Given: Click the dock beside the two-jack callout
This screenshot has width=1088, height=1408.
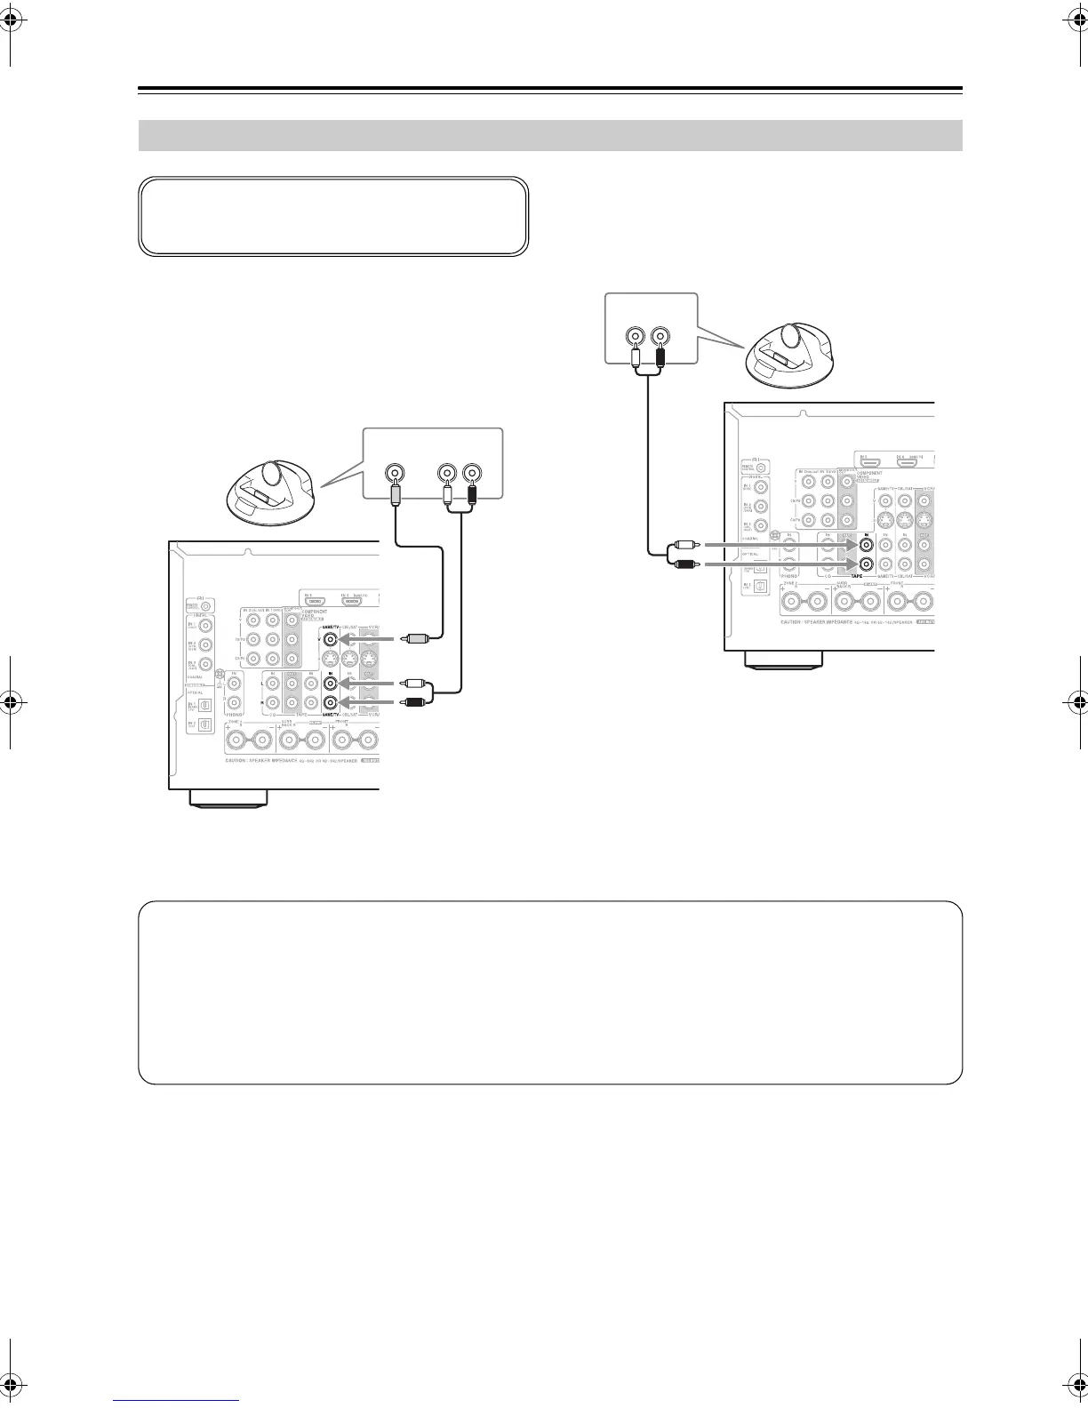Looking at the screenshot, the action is coord(788,356).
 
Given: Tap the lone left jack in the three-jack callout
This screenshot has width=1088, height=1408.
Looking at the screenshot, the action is coord(393,473).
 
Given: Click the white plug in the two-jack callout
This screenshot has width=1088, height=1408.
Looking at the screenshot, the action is coord(635,358).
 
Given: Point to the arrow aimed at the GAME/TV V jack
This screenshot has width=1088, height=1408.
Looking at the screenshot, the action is coord(364,637).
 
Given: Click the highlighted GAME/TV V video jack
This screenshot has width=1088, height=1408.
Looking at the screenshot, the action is coord(330,637).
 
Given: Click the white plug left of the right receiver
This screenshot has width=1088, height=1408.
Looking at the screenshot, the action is coord(687,544).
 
